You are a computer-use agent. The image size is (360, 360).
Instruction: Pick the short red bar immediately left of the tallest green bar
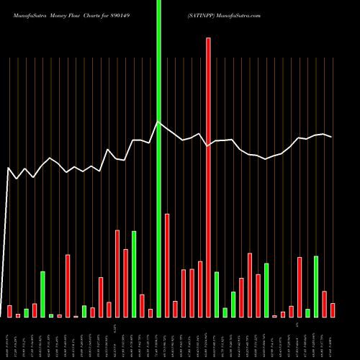150,312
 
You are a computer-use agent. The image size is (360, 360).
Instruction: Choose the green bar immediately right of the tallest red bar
217,294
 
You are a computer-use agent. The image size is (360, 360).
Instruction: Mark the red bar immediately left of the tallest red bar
200,289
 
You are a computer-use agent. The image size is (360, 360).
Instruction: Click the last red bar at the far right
333,310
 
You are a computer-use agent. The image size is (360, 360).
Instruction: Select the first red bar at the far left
9,311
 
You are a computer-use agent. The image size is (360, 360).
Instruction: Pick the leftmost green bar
26,312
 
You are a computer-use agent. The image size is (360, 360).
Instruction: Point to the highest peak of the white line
158,122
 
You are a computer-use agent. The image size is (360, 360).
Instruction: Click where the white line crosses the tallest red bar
209,145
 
